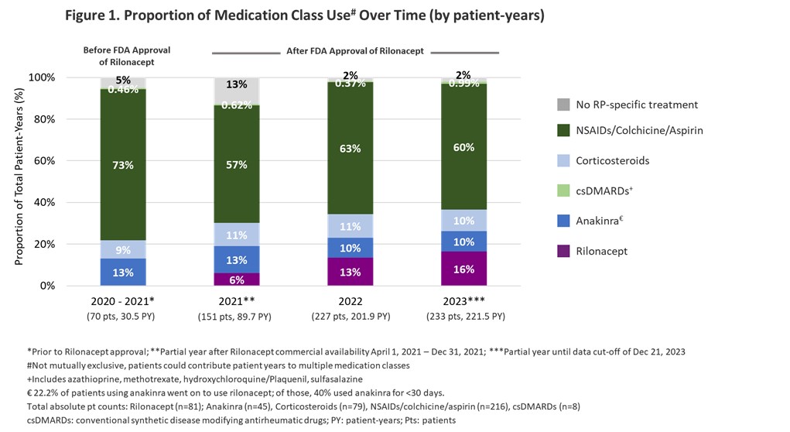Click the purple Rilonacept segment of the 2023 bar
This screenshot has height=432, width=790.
(x=464, y=268)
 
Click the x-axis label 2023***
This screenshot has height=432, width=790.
(x=464, y=302)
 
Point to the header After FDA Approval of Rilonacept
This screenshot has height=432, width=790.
(x=356, y=50)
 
